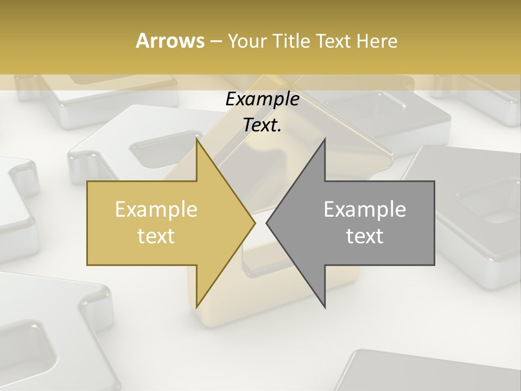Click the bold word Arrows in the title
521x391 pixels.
click(170, 41)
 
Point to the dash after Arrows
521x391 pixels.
click(215, 41)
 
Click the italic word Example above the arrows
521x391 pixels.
click(262, 99)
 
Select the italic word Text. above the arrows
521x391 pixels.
click(262, 125)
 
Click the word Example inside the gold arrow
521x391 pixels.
click(156, 210)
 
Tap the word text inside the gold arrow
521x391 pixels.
click(156, 236)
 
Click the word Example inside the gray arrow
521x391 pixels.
click(365, 210)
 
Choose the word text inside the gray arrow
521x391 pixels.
click(365, 236)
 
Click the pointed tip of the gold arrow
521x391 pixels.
click(255, 223)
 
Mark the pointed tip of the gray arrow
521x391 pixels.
click(266, 223)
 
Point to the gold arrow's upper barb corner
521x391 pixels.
click(196, 140)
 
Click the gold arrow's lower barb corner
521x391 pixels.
click(196, 307)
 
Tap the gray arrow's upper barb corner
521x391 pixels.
click(325, 140)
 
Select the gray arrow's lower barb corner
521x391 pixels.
click(325, 307)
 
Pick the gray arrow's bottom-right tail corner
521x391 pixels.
click(434, 265)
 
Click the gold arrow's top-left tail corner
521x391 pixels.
click(87, 181)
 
